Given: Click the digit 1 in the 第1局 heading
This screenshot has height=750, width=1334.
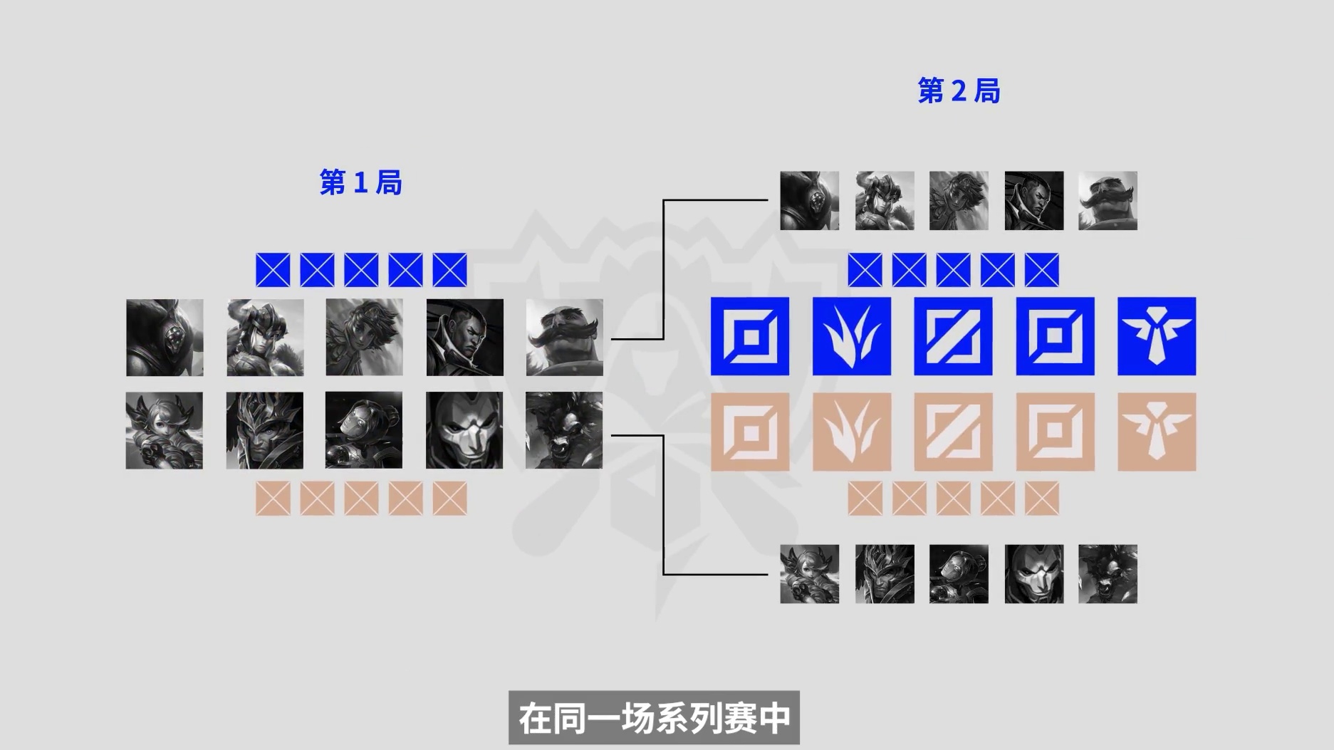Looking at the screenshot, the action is [361, 183].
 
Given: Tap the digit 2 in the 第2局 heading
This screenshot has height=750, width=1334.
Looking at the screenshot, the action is [959, 91].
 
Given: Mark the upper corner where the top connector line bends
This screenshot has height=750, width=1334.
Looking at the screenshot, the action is [664, 201].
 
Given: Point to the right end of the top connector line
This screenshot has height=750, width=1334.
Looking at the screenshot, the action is [768, 201].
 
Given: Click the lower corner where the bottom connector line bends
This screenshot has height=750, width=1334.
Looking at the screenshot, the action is [664, 574].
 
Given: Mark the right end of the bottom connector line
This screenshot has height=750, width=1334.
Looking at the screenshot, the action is [768, 574].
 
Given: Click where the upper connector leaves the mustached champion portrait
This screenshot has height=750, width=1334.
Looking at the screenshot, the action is [612, 339].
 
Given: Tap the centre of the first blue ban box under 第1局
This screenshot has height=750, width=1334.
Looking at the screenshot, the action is [273, 270].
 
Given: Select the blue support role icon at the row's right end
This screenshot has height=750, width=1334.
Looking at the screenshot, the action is [1157, 336].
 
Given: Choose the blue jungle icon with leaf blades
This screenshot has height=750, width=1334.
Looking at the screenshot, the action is [852, 336].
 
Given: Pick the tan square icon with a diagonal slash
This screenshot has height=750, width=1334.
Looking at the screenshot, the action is [953, 432].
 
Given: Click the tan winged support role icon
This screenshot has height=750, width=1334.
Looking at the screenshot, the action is [1157, 432].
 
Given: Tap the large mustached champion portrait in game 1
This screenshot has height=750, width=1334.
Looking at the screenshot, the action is [565, 338].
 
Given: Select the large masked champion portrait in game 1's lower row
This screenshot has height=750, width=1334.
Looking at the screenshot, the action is [464, 430].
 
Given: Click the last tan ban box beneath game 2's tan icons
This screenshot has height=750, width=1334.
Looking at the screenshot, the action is [1042, 498].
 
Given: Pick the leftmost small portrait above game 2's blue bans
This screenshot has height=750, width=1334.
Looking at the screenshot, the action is [810, 201].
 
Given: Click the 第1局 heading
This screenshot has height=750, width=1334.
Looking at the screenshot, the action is [361, 183].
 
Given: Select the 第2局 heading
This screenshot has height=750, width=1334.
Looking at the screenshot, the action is [959, 91].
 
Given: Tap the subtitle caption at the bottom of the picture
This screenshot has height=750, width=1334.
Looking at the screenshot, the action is [655, 718].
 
